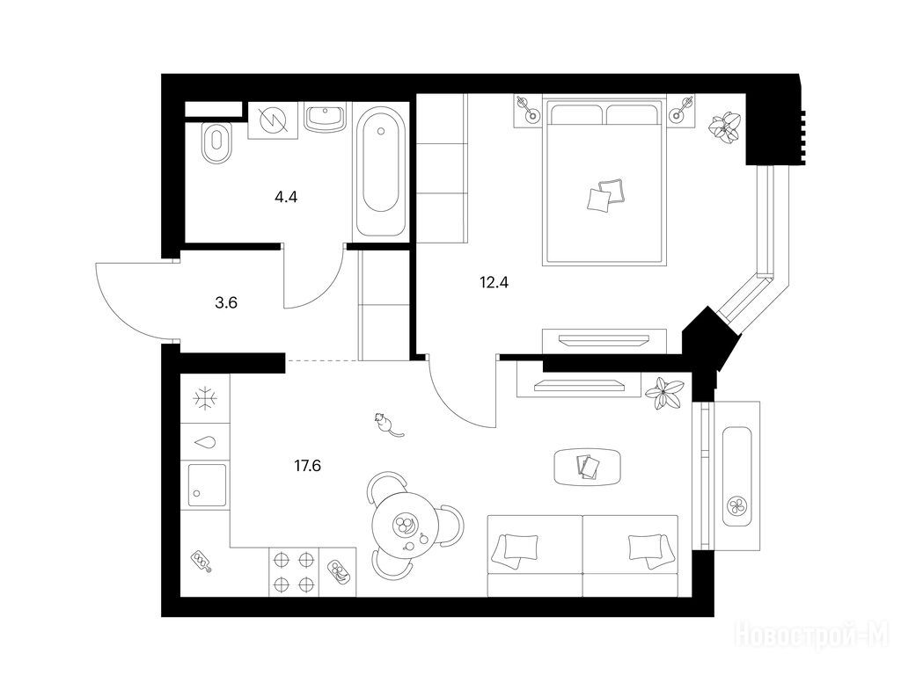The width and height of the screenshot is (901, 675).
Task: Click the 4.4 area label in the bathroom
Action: point(286,198)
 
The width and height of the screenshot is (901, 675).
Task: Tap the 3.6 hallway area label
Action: point(226,302)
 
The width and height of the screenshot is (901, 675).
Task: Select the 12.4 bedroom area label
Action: point(494,282)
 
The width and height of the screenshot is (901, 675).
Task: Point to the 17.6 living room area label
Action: point(307,466)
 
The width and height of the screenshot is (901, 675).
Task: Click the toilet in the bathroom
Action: point(216,143)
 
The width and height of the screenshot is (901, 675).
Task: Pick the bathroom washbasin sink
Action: point(326,118)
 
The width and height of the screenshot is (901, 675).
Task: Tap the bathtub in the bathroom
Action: point(381,171)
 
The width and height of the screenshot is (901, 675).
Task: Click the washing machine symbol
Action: point(273,120)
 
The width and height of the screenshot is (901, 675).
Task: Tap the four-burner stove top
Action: point(293,571)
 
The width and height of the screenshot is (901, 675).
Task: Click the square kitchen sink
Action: point(207,485)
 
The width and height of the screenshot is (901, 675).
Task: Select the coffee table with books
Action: point(587,466)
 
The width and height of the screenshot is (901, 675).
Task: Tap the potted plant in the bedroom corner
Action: point(724,127)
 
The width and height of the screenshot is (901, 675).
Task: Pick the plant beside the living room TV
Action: point(665,393)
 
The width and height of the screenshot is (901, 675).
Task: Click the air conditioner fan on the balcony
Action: point(737,506)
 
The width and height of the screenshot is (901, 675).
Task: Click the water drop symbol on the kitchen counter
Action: point(205,443)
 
